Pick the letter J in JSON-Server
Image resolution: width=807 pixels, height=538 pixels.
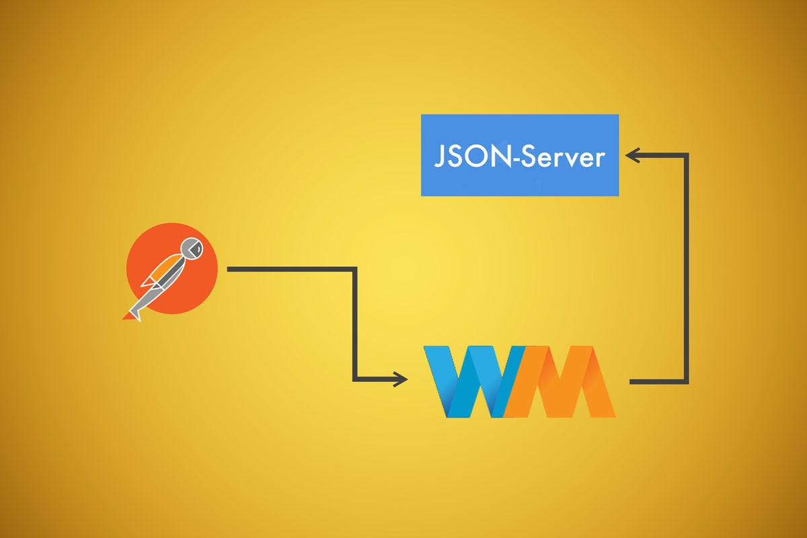(x=439, y=157)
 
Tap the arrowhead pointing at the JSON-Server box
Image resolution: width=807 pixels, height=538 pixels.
(x=632, y=155)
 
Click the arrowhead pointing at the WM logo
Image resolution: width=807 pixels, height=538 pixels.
(x=401, y=379)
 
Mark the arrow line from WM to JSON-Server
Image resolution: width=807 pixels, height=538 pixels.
(x=687, y=269)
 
